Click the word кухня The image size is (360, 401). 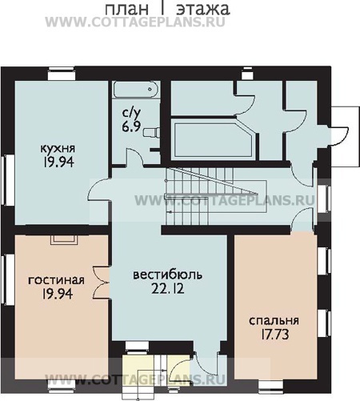(58, 148)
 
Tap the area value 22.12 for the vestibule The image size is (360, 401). (168, 288)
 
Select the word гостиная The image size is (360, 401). (56, 280)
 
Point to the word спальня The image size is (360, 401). (274, 321)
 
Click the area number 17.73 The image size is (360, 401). (274, 335)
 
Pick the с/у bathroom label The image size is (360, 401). (131, 113)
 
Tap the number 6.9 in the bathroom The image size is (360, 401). (131, 126)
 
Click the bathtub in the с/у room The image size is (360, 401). (136, 90)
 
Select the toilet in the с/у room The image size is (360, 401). (152, 132)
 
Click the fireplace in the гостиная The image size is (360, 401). (64, 239)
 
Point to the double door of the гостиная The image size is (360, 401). (101, 283)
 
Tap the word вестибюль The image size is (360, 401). (167, 275)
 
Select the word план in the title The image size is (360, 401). (126, 9)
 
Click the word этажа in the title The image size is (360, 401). (203, 9)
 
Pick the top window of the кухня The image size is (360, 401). (61, 74)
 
